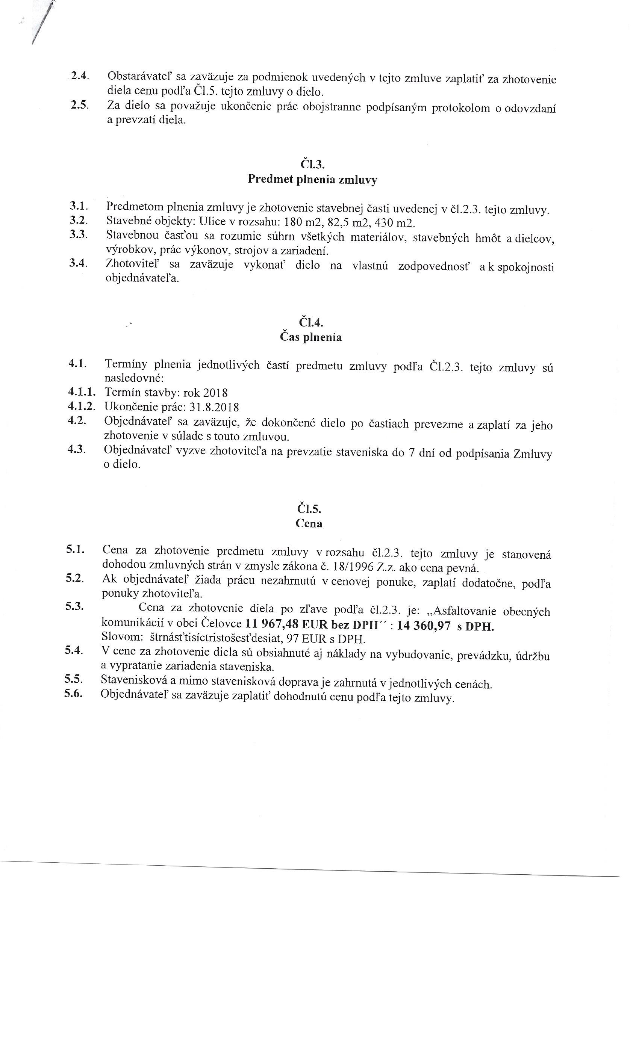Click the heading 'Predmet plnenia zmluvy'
[x=312, y=179]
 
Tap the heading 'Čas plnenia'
[x=310, y=337]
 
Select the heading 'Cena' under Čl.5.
[x=309, y=523]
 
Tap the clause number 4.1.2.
[x=81, y=406]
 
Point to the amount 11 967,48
[x=272, y=624]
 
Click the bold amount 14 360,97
[x=424, y=626]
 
